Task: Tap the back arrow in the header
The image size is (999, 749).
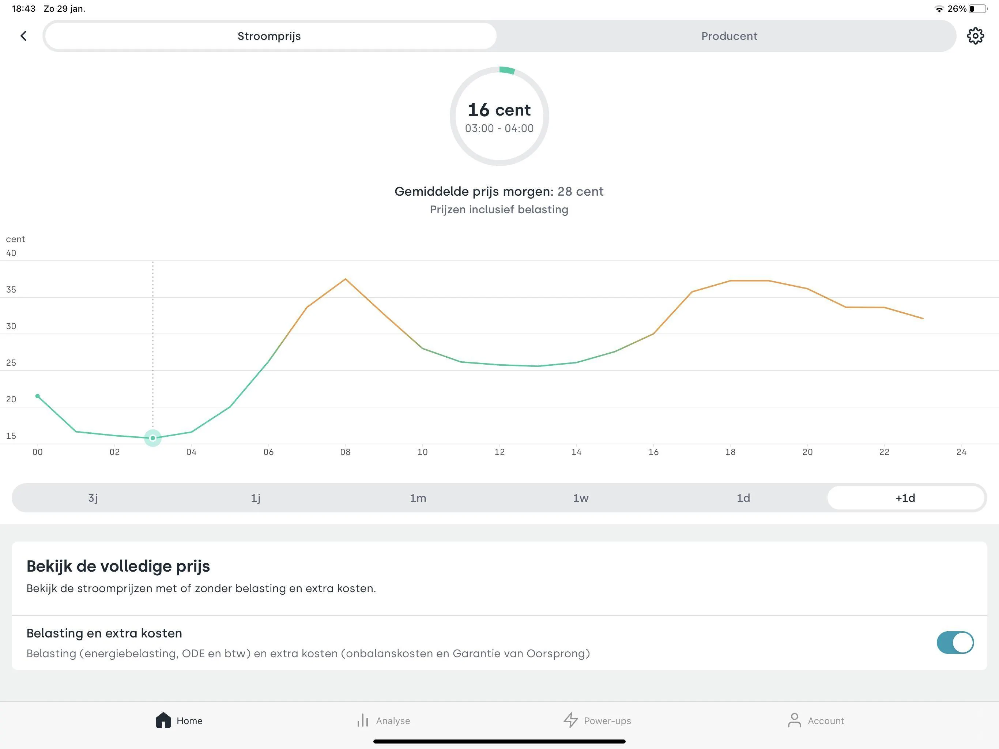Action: pos(23,36)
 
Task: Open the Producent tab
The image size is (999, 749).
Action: pos(729,36)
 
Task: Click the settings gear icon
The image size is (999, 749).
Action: pos(976,36)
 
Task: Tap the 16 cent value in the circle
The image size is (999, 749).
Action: pos(499,110)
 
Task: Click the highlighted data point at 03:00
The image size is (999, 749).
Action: pos(152,438)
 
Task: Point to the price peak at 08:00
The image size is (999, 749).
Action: pos(346,279)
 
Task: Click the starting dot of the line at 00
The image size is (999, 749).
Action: pos(38,396)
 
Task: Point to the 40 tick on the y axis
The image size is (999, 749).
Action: pos(11,253)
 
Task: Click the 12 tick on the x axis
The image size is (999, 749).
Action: pos(499,452)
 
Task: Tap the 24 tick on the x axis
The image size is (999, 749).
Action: pos(961,452)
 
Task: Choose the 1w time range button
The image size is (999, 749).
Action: pos(581,498)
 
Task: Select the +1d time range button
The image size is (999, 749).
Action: pos(905,498)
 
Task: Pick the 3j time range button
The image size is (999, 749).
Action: pos(93,498)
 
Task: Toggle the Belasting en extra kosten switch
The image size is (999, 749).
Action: pos(955,642)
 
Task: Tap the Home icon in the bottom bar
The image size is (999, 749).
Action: pos(163,720)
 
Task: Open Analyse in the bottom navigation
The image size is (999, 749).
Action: pos(384,720)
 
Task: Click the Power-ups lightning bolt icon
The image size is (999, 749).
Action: pos(571,720)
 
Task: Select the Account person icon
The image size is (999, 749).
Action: pos(795,720)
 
